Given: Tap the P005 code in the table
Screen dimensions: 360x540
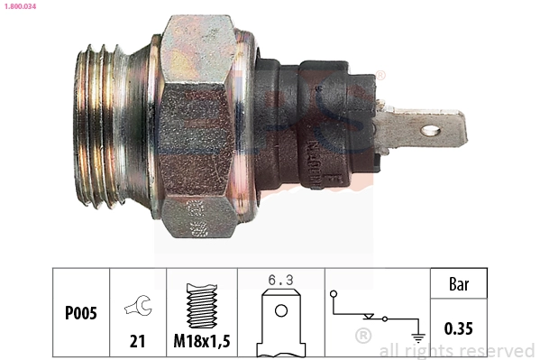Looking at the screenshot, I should tap(81, 314).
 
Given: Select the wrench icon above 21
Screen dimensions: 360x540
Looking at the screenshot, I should tap(138, 307).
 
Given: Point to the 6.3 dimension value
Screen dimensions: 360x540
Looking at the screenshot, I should tap(280, 279).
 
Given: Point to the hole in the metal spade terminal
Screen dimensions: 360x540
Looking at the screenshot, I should tap(430, 131).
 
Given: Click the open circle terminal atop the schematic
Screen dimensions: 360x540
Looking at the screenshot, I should tap(334, 293).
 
